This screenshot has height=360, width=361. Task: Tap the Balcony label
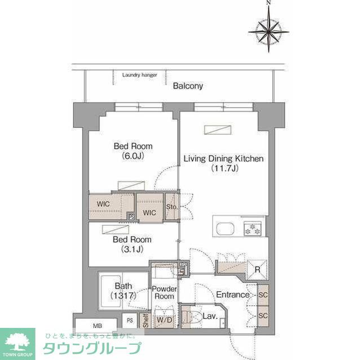point(188,86)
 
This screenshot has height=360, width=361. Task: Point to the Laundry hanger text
point(139,74)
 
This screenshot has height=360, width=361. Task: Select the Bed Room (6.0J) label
point(133,151)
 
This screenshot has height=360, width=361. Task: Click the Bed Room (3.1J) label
point(133,243)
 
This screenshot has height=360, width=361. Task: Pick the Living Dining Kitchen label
point(223,163)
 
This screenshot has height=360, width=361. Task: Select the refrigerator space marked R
point(257,269)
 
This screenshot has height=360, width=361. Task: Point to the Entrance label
point(232,295)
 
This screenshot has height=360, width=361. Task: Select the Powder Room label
point(165,292)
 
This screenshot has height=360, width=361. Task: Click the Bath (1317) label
point(123,290)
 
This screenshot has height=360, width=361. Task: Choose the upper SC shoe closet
point(263,295)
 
